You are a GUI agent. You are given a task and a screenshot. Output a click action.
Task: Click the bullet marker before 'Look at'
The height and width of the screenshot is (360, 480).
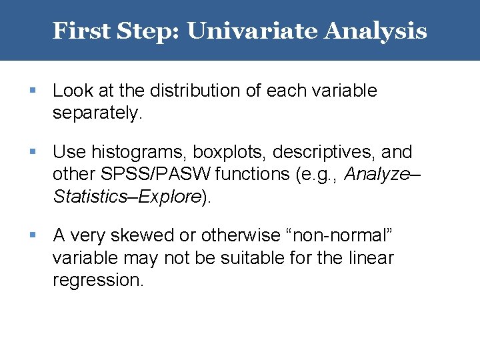coord(33,91)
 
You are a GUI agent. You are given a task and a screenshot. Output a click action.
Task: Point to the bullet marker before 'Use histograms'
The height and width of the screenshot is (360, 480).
coord(33,153)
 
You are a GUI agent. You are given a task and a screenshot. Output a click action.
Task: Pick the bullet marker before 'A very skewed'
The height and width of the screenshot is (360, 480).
coord(33,235)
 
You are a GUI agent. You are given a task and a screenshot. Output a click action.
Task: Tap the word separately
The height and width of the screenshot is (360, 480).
coord(97,113)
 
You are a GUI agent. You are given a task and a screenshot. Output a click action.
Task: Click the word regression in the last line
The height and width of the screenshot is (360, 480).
coord(97,280)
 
